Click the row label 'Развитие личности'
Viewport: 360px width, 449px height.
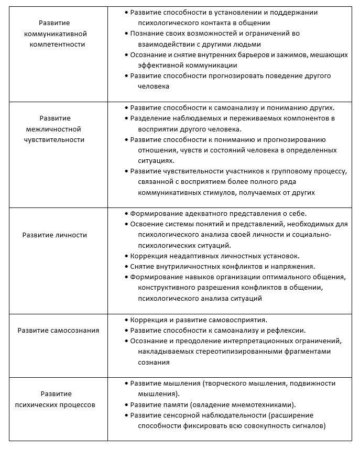pos(54,235)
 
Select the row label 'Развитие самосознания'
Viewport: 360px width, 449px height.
pos(58,331)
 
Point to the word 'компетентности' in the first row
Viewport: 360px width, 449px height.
pos(62,45)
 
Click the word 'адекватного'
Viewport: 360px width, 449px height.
pos(197,214)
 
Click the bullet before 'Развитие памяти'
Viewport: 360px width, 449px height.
pos(127,405)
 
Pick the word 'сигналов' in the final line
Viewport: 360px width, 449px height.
pos(308,426)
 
